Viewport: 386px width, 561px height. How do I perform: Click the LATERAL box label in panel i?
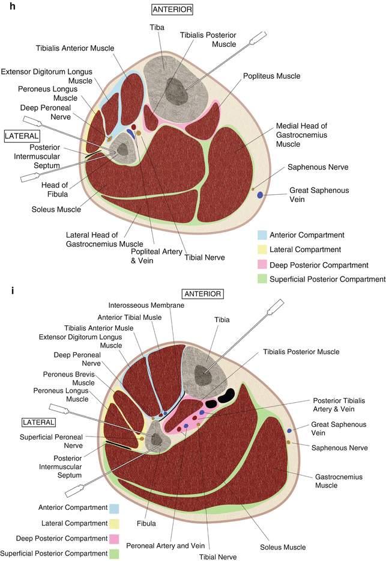click(38, 423)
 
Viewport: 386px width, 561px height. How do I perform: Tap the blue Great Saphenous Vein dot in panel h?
click(262, 195)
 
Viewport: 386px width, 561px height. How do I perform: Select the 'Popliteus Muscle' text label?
click(271, 76)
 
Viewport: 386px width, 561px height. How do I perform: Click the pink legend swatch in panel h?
click(262, 265)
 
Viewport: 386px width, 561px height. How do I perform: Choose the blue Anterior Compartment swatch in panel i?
click(114, 507)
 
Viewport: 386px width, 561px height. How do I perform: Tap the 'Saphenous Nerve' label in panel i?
click(335, 446)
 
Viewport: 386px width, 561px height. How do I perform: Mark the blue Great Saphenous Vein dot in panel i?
click(290, 431)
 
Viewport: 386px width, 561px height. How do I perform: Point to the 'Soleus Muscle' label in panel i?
click(283, 547)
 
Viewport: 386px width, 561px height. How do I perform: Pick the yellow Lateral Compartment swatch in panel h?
click(262, 250)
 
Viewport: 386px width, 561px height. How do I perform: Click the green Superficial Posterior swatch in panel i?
click(114, 554)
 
